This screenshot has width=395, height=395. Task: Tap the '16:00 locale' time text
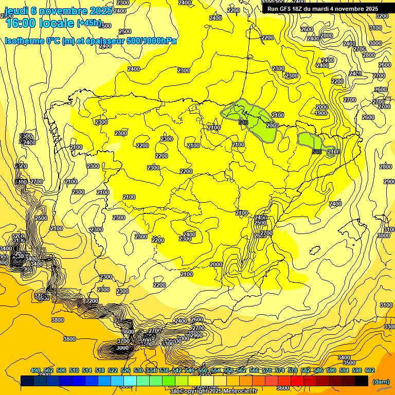[x=41, y=23]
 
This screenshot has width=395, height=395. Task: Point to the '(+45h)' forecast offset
[x=89, y=23]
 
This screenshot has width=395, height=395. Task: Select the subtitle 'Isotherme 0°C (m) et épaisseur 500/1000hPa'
[x=91, y=41]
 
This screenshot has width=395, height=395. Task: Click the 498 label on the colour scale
[x=35, y=371]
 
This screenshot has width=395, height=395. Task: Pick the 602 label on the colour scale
[x=370, y=371]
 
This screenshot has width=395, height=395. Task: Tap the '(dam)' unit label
[x=380, y=382]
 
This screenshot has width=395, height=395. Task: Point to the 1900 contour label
[x=321, y=114]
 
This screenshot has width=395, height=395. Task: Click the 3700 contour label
[x=123, y=341]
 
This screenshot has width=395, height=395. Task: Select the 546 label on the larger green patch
[x=244, y=122]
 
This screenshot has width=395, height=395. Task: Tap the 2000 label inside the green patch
[x=272, y=126]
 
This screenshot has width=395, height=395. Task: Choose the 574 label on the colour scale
[x=280, y=371]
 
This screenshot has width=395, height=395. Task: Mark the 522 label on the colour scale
[x=113, y=371]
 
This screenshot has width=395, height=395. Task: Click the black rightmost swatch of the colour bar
[x=361, y=381]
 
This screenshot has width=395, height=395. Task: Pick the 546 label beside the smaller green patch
[x=317, y=152]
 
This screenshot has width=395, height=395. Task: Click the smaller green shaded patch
[x=309, y=140]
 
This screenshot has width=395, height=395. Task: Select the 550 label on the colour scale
[x=203, y=371]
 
